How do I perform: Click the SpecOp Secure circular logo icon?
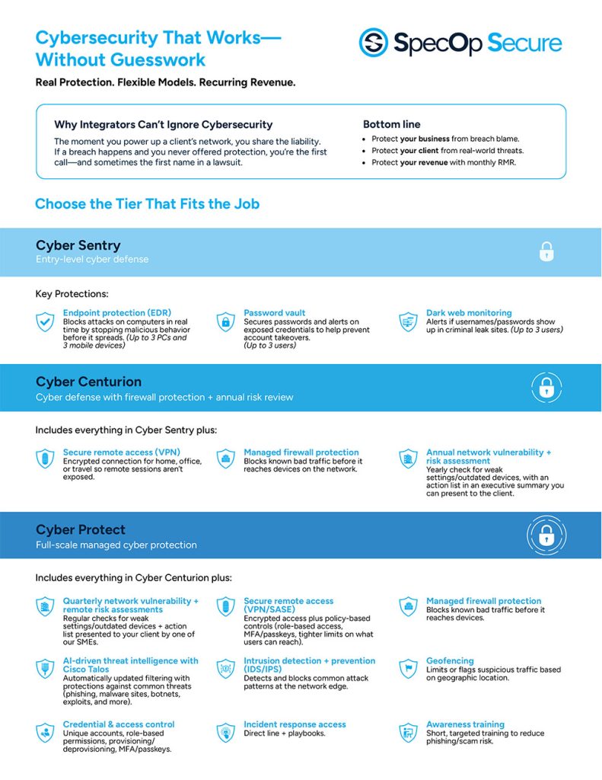[x=374, y=43]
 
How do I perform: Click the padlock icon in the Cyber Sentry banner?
[x=546, y=252]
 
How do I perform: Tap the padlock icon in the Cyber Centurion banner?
[x=546, y=388]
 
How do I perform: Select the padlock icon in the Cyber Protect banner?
[x=546, y=536]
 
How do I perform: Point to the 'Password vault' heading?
[x=274, y=313]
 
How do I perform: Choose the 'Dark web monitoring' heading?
[x=469, y=313]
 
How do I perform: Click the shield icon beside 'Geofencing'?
[x=409, y=668]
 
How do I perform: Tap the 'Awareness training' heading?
[x=465, y=724]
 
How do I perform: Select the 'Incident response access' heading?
[x=295, y=724]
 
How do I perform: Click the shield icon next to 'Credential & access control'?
[x=46, y=733]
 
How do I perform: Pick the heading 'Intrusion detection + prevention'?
[x=309, y=661]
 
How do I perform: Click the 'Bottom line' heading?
[x=391, y=124]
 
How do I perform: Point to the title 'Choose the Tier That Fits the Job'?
[x=147, y=204]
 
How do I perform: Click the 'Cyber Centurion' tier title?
[x=88, y=382]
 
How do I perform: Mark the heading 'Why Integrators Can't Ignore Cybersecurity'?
[x=163, y=124]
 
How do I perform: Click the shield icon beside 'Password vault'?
[x=225, y=321]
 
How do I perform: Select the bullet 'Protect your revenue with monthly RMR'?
[x=444, y=162]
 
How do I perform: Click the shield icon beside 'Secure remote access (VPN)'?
[x=46, y=459]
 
